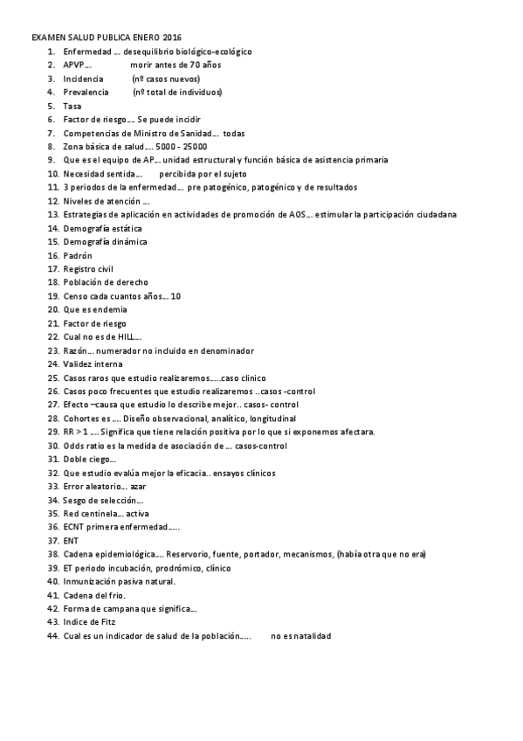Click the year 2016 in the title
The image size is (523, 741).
pos(172,38)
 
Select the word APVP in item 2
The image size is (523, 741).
pos(74,66)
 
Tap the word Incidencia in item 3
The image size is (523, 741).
pos(83,79)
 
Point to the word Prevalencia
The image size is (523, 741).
pos(86,93)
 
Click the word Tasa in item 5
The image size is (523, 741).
pos(72,106)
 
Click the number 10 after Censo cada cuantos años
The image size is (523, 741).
pos(175,296)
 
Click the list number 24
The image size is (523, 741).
pos(52,364)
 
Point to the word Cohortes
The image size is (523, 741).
pos(81,419)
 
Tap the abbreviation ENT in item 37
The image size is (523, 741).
pos(71,540)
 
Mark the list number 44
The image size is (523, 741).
pos(52,635)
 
